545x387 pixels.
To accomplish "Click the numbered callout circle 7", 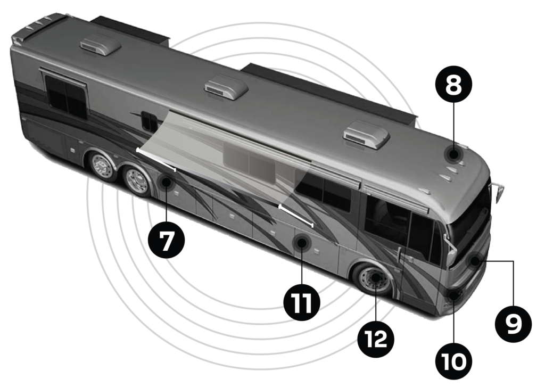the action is (167, 240).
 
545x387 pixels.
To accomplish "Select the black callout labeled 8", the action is (453, 84).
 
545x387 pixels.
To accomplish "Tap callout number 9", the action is (513, 324).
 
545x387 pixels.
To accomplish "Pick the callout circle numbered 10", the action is (453, 361).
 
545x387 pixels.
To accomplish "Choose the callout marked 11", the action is (302, 302).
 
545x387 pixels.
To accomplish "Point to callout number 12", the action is (376, 339).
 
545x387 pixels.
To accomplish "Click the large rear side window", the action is (65, 97).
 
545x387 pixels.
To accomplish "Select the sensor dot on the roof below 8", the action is (453, 154).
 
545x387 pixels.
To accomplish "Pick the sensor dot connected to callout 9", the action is (474, 260).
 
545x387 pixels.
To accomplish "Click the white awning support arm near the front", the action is (296, 216).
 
